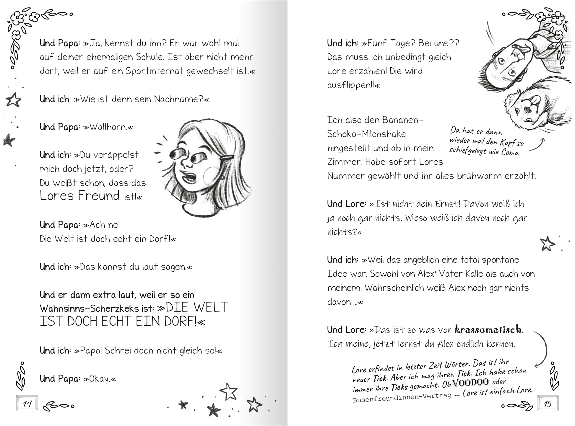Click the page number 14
click(27, 403)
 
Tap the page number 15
click(548, 403)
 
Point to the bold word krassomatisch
click(488, 329)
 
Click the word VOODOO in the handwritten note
click(470, 383)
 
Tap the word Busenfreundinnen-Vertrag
click(402, 397)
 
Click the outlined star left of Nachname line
click(14, 100)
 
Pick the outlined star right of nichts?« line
click(547, 244)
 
